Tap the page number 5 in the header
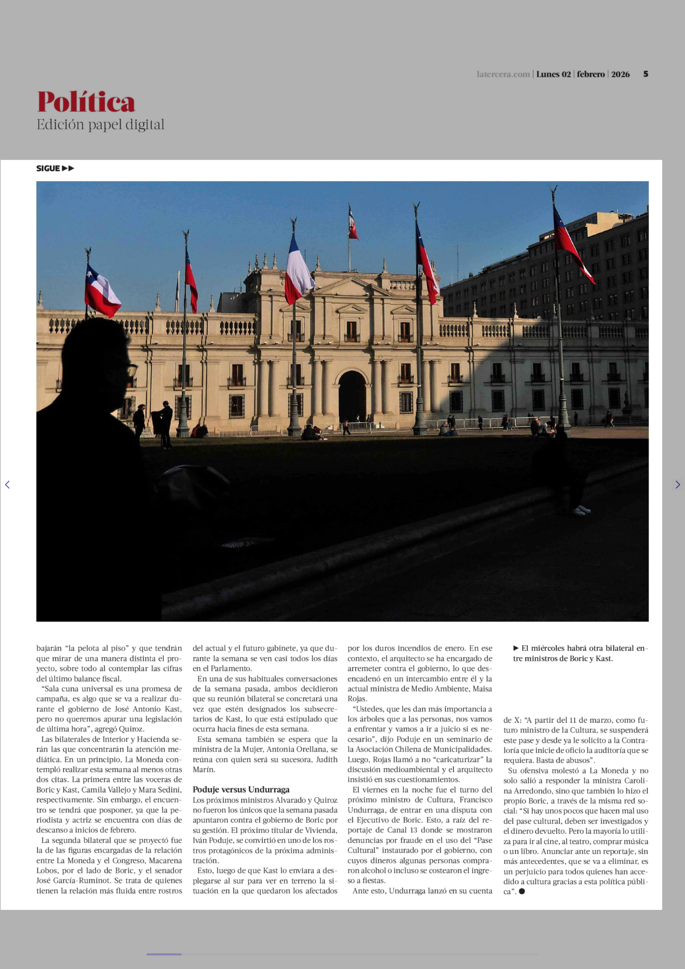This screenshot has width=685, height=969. pyautogui.click(x=645, y=74)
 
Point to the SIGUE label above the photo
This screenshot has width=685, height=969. pyautogui.click(x=48, y=168)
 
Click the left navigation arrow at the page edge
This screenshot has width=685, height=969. pyautogui.click(x=7, y=485)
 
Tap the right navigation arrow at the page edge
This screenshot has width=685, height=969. pyautogui.click(x=677, y=485)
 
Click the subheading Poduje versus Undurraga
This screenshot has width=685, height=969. pyautogui.click(x=241, y=789)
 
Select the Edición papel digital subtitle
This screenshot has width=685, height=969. pyautogui.click(x=100, y=125)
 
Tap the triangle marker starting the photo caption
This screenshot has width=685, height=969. pyautogui.click(x=516, y=648)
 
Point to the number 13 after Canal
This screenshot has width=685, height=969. pyautogui.click(x=413, y=830)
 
